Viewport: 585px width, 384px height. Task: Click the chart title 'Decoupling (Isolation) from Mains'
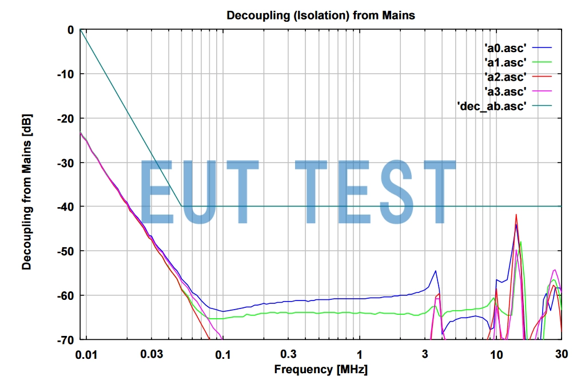tap(321, 15)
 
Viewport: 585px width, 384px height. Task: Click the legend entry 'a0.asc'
tap(505, 47)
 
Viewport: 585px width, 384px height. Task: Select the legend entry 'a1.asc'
tap(505, 62)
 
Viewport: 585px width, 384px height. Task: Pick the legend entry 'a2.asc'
tap(505, 77)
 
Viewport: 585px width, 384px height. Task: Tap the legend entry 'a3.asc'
tap(505, 91)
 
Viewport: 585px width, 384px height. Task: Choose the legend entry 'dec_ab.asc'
tap(492, 106)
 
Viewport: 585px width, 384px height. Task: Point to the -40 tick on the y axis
tap(66, 207)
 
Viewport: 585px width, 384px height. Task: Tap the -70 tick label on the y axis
tap(66, 339)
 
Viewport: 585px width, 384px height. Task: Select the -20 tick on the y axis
tap(66, 118)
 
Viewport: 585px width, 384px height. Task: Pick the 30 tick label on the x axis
tap(562, 354)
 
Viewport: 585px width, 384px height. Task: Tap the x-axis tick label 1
tap(359, 354)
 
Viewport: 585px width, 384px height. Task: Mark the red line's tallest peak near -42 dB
tap(516, 215)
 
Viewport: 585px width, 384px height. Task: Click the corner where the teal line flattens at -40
tap(181, 206)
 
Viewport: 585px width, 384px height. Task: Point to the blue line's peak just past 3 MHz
tap(436, 271)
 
